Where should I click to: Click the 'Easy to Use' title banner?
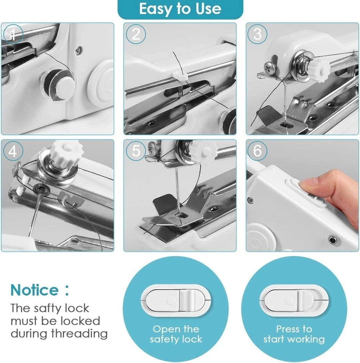[x=180, y=9]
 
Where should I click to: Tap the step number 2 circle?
[x=136, y=34]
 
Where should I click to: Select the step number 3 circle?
[x=257, y=34]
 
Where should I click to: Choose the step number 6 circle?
[x=257, y=151]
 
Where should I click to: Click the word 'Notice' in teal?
[x=35, y=290]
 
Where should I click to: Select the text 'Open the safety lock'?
[x=176, y=334]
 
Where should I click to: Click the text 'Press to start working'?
[x=294, y=334]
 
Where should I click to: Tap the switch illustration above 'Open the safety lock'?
[x=176, y=300]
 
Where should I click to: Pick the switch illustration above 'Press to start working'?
[x=294, y=300]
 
